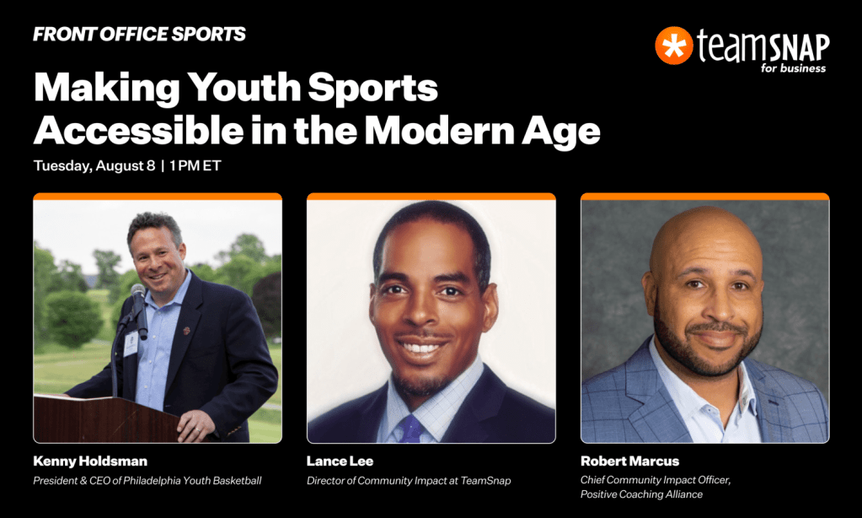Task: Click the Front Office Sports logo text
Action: point(139,34)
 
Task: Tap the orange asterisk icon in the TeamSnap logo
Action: point(673,46)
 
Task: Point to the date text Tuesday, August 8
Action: point(94,165)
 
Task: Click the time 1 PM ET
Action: point(195,165)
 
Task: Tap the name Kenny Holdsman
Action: point(90,461)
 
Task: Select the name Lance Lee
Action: point(340,461)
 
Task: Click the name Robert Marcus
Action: point(629,461)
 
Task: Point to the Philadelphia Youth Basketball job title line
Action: point(147,481)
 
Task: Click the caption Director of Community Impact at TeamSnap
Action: point(409,481)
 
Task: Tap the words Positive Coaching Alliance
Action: point(641,494)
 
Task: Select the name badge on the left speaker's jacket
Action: point(131,343)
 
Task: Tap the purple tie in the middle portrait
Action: point(410,429)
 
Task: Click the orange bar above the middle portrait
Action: point(431,197)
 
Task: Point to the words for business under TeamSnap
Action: point(793,68)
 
